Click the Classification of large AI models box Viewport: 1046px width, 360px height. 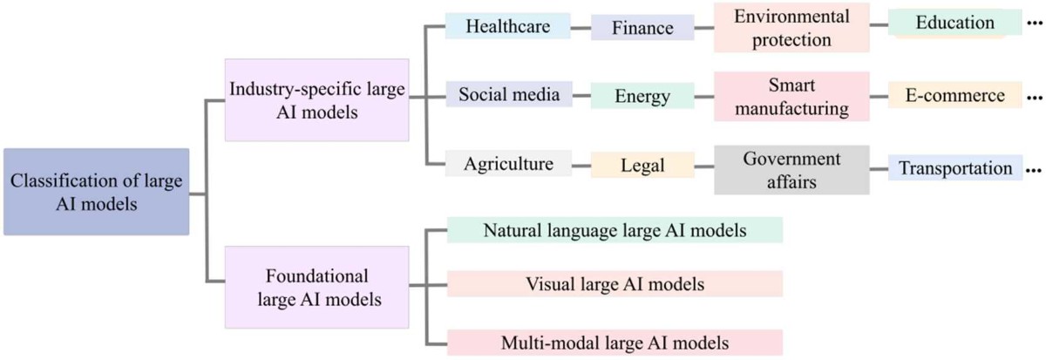point(96,192)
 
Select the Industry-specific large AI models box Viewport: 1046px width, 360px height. point(316,99)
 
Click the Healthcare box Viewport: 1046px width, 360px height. point(507,26)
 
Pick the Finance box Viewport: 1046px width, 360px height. point(643,27)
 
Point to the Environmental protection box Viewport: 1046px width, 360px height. point(779,27)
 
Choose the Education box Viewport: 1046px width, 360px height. point(955,24)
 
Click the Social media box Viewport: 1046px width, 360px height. point(508,95)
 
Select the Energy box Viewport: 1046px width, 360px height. point(642,95)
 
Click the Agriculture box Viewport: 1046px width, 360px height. point(508,163)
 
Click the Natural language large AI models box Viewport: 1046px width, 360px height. point(615,230)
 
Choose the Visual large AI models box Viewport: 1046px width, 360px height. point(615,284)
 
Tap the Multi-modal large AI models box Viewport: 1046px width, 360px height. point(615,339)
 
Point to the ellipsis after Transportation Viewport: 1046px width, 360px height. point(1036,171)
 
